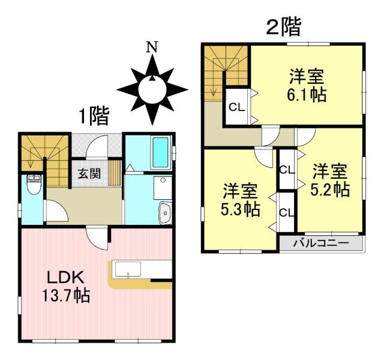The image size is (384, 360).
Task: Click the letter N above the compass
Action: point(154,47)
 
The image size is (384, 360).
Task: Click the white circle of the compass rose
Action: point(152,91)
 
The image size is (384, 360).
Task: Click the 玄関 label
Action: point(89,174)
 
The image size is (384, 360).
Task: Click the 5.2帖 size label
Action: point(331,190)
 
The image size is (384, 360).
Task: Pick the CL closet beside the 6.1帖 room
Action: point(236,109)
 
